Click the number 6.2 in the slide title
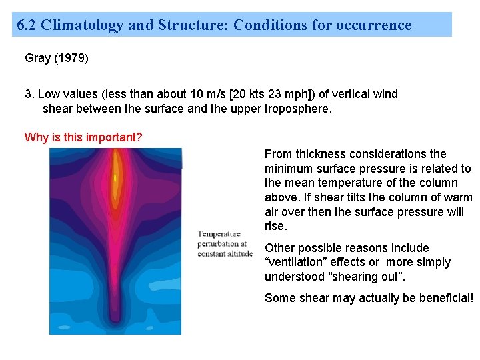[x=27, y=25]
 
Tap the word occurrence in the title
[x=375, y=25]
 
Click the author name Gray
[x=38, y=58]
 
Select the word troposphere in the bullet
[x=295, y=109]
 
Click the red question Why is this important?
[x=83, y=137]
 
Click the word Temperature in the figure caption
[x=219, y=234]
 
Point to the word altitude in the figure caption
[x=239, y=253]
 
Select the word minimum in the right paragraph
[x=288, y=169]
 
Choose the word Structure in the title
[x=187, y=25]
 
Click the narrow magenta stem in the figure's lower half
[x=115, y=280]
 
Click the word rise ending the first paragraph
[x=275, y=227]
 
